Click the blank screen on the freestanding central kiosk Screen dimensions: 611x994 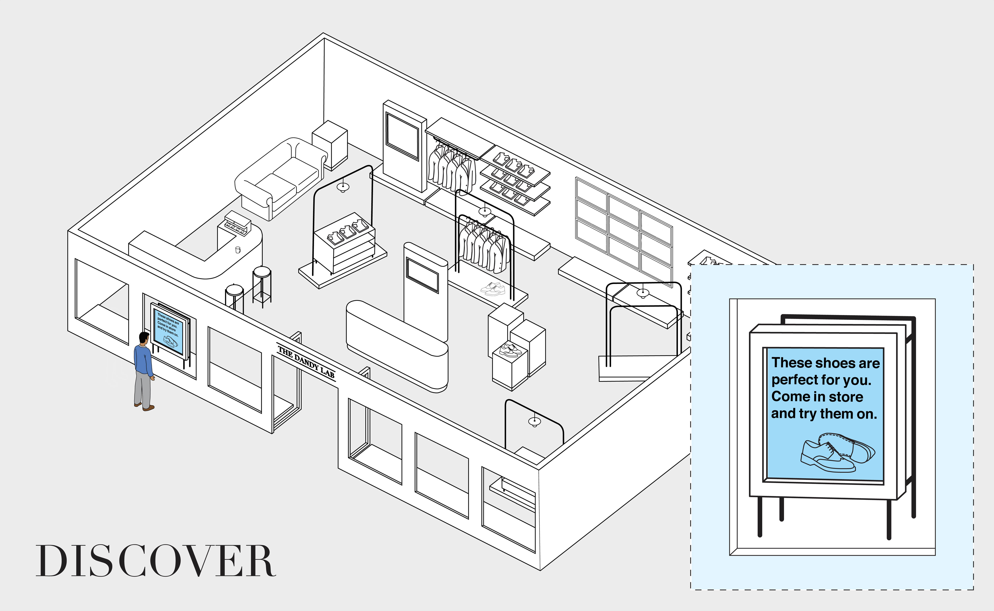[422, 275]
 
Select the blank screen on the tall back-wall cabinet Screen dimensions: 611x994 [402, 135]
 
